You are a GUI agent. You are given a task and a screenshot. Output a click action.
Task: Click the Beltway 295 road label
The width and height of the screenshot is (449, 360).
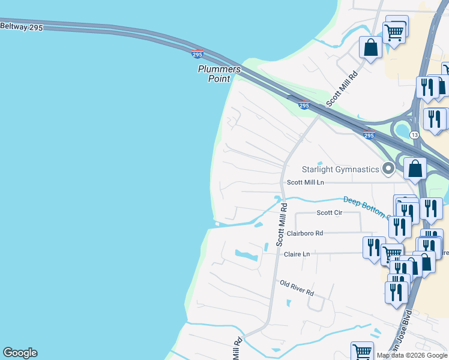(x=22, y=27)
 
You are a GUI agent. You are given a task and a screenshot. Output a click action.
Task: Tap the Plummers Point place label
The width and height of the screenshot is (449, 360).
(x=219, y=74)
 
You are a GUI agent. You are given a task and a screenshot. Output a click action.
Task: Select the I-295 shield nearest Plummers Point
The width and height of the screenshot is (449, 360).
(x=197, y=54)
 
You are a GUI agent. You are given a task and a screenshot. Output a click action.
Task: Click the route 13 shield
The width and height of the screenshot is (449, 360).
(x=415, y=135)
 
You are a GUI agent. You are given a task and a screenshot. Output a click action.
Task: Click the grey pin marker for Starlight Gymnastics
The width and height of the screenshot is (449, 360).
(x=388, y=169)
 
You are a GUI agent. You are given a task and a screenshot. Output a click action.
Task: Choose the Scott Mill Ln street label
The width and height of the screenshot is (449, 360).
(x=305, y=182)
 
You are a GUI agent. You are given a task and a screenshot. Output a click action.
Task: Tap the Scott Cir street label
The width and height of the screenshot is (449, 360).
(x=329, y=213)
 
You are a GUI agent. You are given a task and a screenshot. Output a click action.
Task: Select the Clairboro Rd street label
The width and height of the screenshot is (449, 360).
(x=305, y=233)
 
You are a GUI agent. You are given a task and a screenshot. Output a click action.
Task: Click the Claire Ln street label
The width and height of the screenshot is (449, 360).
(x=297, y=254)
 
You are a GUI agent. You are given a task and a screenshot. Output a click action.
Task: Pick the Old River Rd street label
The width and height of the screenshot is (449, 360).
(x=297, y=287)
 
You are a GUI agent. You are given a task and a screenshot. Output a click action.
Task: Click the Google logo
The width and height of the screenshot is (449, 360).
(x=20, y=353)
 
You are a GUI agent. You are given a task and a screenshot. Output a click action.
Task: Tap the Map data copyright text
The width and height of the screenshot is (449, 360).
(x=412, y=355)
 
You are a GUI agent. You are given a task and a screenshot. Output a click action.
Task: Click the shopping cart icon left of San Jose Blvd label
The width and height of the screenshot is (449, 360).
(x=362, y=351)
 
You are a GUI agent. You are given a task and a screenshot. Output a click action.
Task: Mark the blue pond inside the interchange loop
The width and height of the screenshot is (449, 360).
(x=402, y=131)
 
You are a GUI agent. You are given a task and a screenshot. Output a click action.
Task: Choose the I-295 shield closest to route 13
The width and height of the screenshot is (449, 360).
(x=369, y=135)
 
